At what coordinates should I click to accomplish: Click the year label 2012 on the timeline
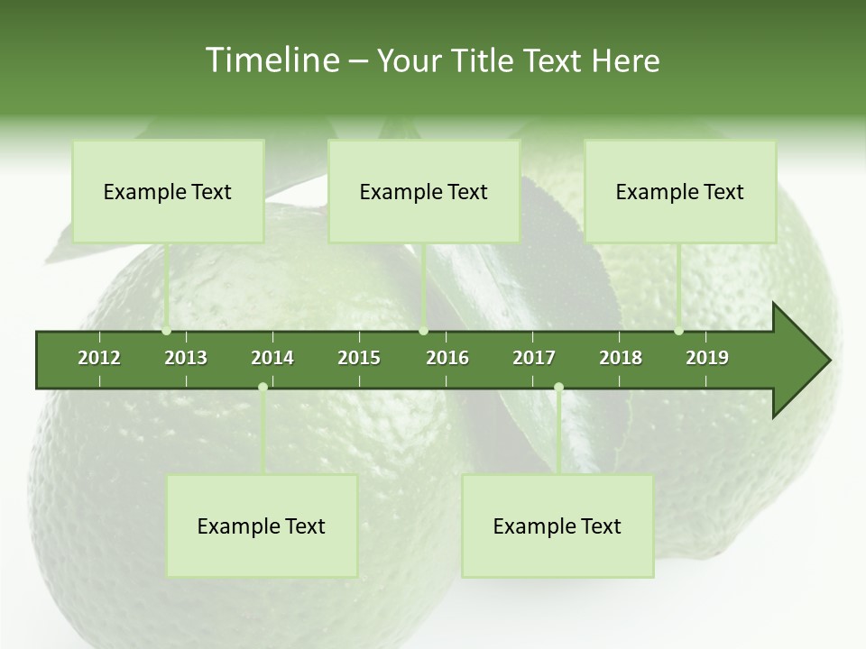click(99, 358)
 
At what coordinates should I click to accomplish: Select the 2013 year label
click(186, 358)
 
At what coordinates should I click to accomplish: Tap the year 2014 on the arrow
click(272, 358)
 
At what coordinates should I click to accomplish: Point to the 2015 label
click(359, 358)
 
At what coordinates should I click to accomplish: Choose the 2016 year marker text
click(447, 358)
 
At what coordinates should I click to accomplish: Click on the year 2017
click(534, 358)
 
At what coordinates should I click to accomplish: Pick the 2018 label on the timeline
click(621, 358)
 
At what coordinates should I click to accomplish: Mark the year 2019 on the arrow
click(707, 358)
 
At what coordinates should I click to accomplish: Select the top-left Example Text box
click(168, 191)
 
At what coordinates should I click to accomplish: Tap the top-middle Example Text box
click(424, 191)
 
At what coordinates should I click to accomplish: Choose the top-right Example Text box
click(680, 191)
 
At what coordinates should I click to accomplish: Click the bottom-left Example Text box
click(262, 526)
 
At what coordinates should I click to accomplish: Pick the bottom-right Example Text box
click(557, 526)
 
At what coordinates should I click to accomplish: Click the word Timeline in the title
click(271, 60)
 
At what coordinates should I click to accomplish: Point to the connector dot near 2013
click(167, 331)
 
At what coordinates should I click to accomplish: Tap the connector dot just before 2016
click(424, 331)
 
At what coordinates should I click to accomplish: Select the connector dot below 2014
click(263, 387)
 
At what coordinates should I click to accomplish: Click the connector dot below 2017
click(558, 387)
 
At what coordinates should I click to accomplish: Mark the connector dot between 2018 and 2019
click(679, 331)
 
